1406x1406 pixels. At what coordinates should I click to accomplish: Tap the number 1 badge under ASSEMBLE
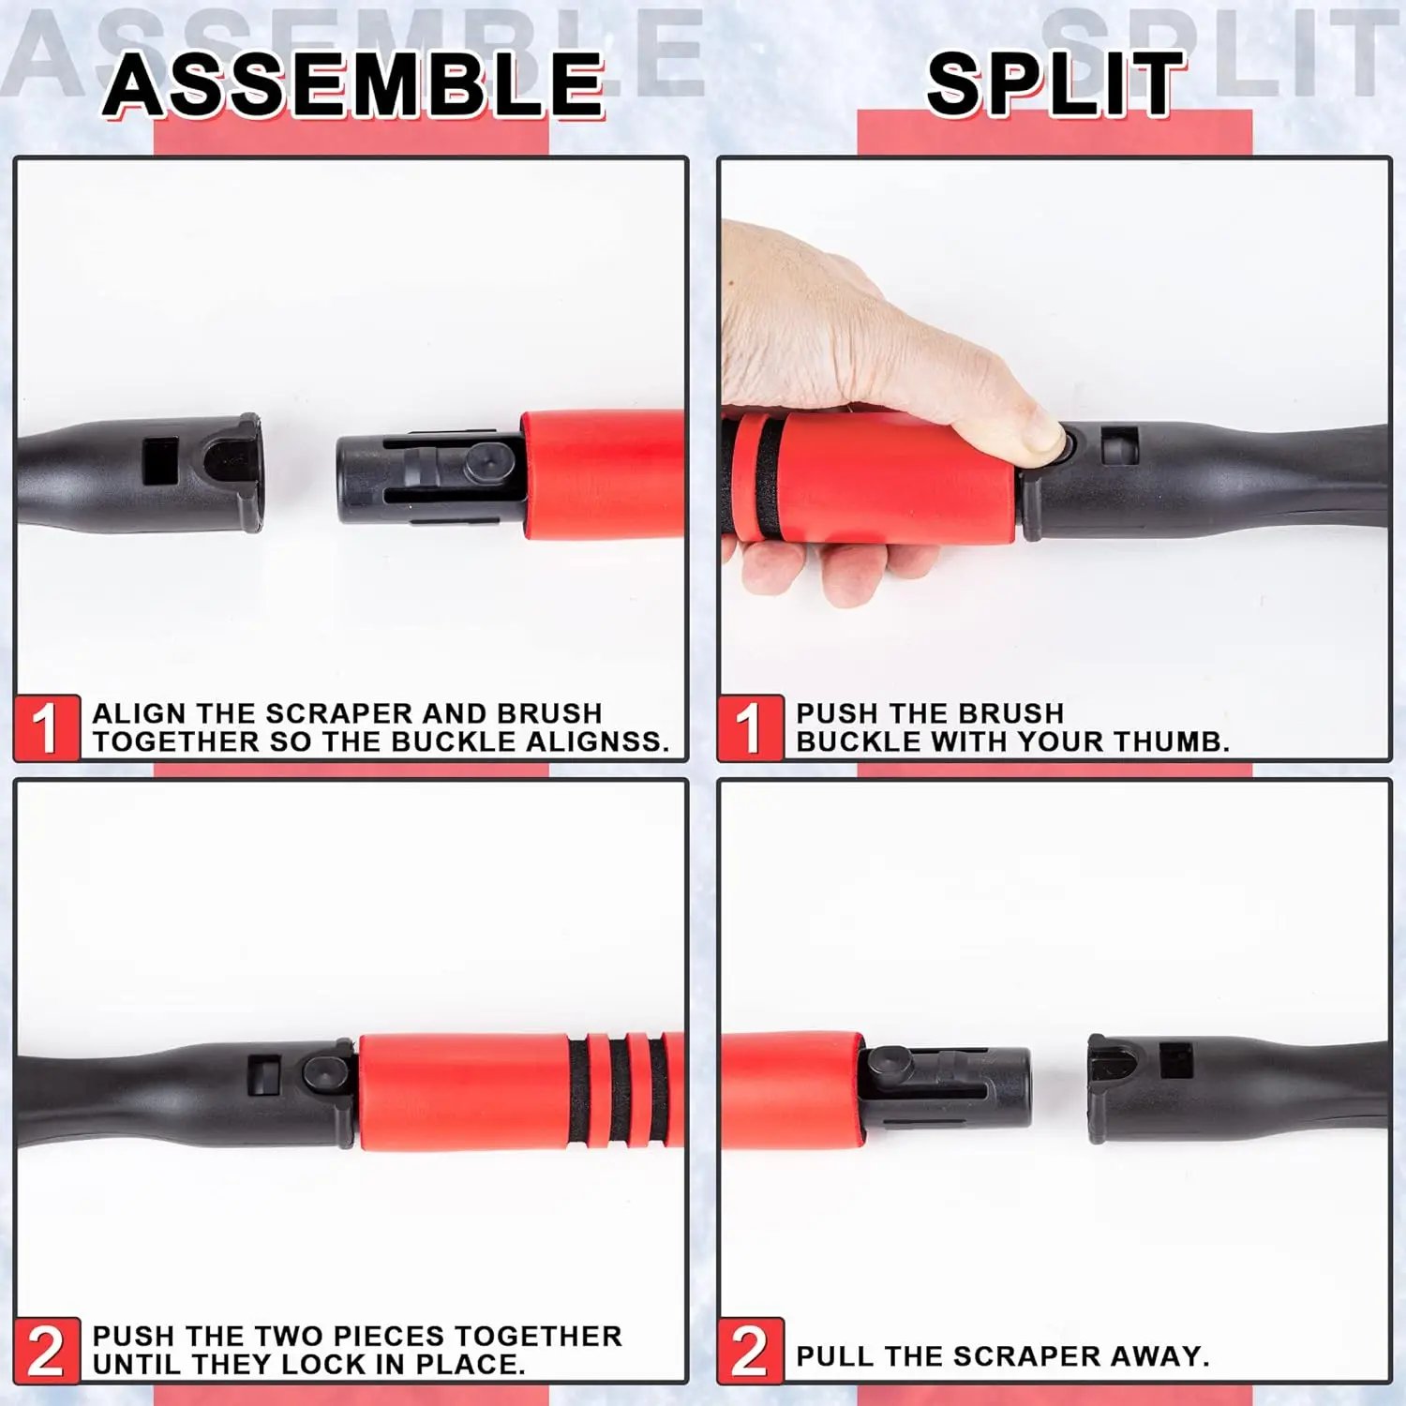[x=46, y=727]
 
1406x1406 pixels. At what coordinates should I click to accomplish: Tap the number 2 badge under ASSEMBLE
[x=46, y=1350]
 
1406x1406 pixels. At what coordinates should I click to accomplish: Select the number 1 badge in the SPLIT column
[x=750, y=727]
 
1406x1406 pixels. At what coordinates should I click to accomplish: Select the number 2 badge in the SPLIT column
[x=750, y=1350]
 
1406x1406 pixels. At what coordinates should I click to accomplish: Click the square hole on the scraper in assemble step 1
[x=159, y=460]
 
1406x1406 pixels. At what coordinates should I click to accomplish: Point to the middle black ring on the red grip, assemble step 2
[x=621, y=1089]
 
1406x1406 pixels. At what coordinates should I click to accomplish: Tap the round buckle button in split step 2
[x=887, y=1063]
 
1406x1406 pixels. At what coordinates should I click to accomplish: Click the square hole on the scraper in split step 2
[x=1175, y=1060]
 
